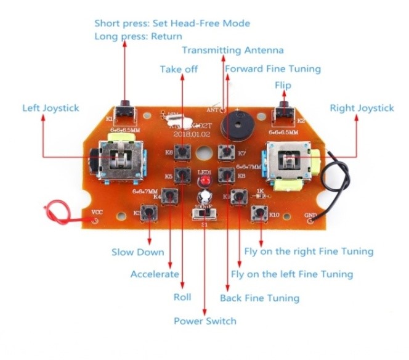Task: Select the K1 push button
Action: pos(126,112)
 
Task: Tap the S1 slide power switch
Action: pos(205,213)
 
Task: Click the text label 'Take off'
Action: pos(179,69)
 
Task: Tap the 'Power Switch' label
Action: pos(204,321)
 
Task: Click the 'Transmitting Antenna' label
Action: pos(232,50)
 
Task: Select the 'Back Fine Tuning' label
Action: pos(259,298)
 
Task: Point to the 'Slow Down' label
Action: pos(137,252)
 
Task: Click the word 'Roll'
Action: pos(182,297)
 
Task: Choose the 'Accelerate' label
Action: pos(155,274)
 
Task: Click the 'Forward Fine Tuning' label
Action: pos(272,68)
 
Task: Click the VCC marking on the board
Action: pos(97,212)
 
